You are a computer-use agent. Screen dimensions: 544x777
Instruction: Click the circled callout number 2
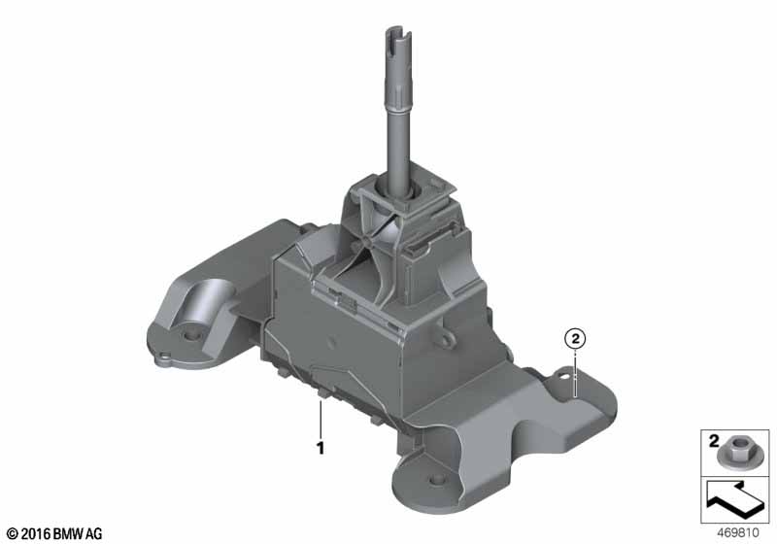[x=575, y=339]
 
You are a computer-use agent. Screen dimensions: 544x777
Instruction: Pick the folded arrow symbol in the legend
[x=735, y=500]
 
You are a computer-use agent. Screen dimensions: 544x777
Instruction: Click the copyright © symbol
[x=12, y=533]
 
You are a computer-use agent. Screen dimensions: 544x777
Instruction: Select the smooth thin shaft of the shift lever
[x=399, y=146]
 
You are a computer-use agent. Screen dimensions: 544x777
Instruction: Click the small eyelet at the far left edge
[x=164, y=356]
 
